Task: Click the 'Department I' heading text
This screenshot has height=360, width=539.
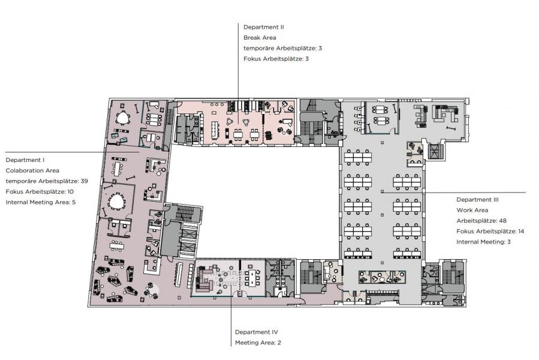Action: (25, 160)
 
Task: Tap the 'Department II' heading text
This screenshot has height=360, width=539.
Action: (264, 27)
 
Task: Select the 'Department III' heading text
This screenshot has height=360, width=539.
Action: (477, 200)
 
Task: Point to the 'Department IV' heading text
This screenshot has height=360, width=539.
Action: (257, 332)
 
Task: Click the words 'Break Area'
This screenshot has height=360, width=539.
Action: (260, 38)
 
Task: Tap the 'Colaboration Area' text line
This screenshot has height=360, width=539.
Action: (32, 170)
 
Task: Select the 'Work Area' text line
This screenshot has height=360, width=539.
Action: (472, 210)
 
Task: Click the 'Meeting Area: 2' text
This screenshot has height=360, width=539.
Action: (258, 343)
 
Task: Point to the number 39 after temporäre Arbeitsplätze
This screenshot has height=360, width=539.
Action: (84, 181)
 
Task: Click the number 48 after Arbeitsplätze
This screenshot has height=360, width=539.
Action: (503, 221)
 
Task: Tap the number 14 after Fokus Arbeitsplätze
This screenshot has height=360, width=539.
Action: (521, 231)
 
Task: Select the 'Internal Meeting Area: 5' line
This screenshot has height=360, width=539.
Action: (41, 202)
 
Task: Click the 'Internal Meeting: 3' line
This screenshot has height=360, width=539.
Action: (484, 242)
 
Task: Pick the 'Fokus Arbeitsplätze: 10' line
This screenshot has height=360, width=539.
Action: (40, 192)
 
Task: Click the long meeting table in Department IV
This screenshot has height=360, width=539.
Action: (253, 277)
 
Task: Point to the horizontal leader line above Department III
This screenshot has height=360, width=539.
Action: (453, 193)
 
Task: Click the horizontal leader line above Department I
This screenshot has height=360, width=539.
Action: (72, 152)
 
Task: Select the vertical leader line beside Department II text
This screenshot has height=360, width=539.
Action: (238, 74)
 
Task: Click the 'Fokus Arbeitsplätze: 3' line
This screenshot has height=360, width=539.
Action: (276, 59)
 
